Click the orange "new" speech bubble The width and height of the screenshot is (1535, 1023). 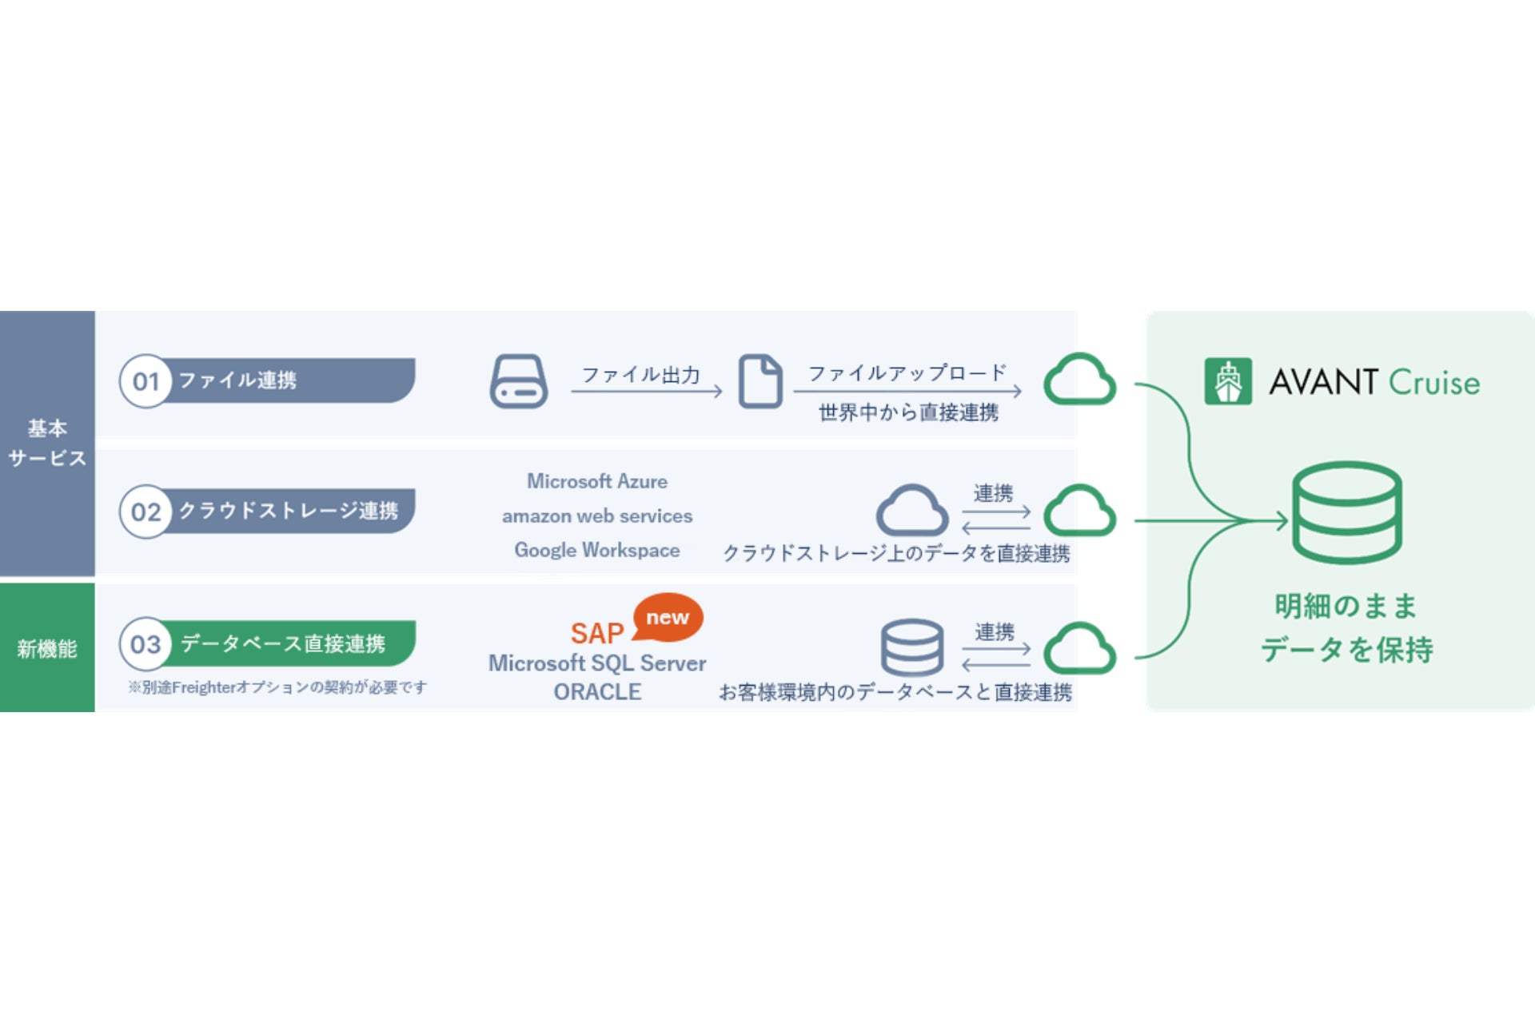pyautogui.click(x=668, y=617)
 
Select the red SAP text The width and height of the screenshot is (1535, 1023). pyautogui.click(x=596, y=634)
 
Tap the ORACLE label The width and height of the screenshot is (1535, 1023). pyautogui.click(x=597, y=692)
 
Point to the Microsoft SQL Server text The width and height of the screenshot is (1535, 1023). pyautogui.click(x=597, y=663)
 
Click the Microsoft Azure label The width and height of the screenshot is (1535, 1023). pyautogui.click(x=597, y=481)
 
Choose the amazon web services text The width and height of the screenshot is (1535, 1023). pyautogui.click(x=597, y=516)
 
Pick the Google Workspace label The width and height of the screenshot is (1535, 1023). pyautogui.click(x=597, y=551)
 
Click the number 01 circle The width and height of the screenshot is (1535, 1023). pyautogui.click(x=146, y=381)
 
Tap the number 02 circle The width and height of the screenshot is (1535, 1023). pyautogui.click(x=146, y=511)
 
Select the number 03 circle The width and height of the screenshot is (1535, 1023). pyautogui.click(x=146, y=644)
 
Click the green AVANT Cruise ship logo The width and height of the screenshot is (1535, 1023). pyautogui.click(x=1228, y=382)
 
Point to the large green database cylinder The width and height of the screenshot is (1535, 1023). pyautogui.click(x=1347, y=512)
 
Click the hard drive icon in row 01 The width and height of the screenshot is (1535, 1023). pyautogui.click(x=519, y=381)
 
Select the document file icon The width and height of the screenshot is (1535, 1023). pyautogui.click(x=760, y=381)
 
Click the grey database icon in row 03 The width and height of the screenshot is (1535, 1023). pyautogui.click(x=912, y=647)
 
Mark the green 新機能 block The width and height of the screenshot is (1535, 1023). pyautogui.click(x=47, y=647)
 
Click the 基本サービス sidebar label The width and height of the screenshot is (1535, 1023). pyautogui.click(x=47, y=443)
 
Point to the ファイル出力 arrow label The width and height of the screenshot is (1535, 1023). pyautogui.click(x=641, y=375)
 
